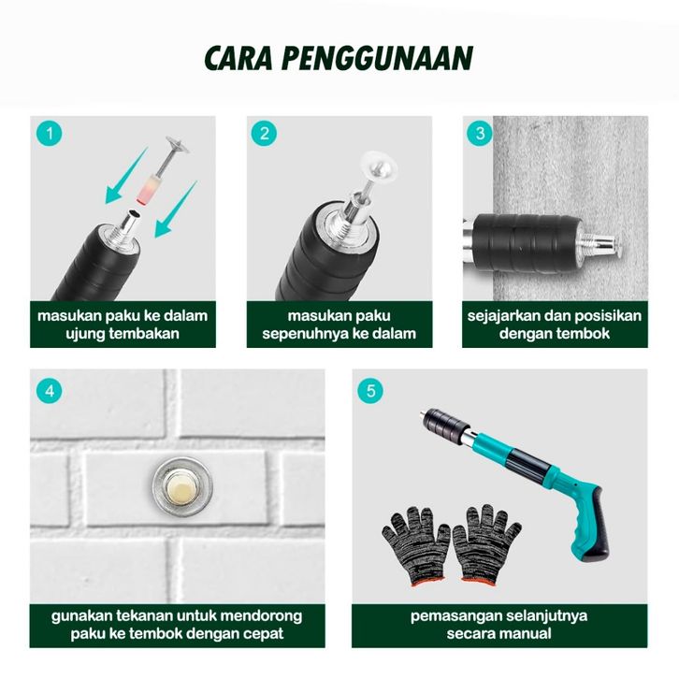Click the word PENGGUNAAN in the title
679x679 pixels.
377,58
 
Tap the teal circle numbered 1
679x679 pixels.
49,133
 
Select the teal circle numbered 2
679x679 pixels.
264,133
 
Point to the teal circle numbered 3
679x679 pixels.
480,133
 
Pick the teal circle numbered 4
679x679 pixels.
49,391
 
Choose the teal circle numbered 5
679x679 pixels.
370,391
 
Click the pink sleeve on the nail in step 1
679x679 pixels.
146,188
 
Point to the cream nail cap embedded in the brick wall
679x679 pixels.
182,487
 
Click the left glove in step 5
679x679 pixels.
414,544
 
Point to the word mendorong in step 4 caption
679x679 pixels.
264,615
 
